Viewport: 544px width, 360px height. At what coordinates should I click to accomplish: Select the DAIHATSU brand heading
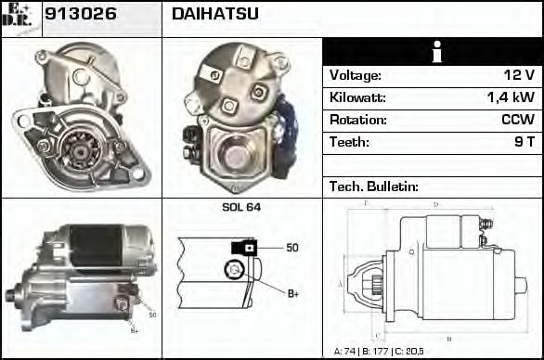(214, 14)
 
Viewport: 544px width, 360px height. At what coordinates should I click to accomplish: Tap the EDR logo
(21, 18)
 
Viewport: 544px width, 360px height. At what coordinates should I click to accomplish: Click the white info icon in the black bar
(432, 52)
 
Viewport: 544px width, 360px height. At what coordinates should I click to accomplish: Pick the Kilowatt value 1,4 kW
(511, 97)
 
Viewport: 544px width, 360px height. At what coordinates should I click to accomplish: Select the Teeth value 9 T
(525, 142)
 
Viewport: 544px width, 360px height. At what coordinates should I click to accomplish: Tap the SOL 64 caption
(240, 207)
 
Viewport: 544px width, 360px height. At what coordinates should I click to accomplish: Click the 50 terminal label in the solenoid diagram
(291, 247)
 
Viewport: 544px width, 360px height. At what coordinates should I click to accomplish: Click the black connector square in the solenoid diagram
(244, 247)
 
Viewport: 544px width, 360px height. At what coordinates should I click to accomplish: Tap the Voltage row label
(355, 75)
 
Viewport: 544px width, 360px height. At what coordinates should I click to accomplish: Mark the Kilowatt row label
(357, 97)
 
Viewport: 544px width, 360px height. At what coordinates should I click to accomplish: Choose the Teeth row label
(349, 142)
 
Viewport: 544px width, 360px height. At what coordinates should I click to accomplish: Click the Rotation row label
(356, 120)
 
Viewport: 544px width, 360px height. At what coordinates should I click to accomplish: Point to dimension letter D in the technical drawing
(435, 204)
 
